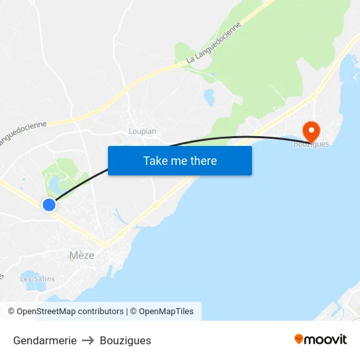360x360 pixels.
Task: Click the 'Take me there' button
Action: coord(180,160)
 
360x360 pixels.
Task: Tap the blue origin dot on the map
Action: coord(49,205)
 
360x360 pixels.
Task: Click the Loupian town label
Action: coord(142,131)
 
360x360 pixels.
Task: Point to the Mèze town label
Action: coord(82,255)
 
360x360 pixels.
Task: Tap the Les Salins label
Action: coord(37,279)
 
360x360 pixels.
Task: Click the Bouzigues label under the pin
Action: coord(311,144)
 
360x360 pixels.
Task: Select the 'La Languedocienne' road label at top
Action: coord(214,43)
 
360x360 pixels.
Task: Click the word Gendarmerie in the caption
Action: coord(45,340)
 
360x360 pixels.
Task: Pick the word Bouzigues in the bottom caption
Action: coord(126,340)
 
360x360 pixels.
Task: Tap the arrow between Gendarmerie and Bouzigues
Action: coord(88,340)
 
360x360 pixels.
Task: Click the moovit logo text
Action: coord(326,340)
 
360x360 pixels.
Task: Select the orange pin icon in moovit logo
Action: coord(299,339)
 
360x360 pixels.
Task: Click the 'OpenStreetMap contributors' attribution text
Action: coord(70,312)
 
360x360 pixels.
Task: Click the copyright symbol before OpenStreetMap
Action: coord(12,312)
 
